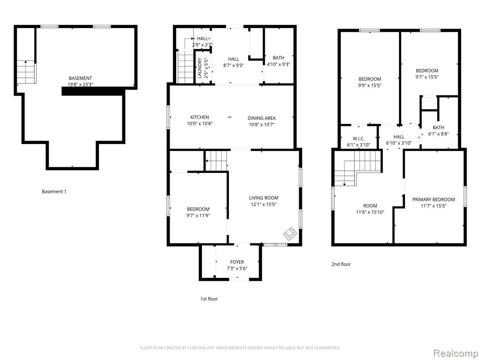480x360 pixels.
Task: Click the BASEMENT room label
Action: (80, 78)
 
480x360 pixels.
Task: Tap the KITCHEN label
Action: (200, 117)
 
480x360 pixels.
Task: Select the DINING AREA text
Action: (262, 118)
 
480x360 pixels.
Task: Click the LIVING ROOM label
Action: (263, 198)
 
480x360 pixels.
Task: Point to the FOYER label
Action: (237, 262)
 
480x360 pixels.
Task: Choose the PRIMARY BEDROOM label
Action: (434, 200)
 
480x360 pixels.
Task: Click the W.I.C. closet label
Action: (359, 139)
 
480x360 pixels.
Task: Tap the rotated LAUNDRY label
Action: (200, 68)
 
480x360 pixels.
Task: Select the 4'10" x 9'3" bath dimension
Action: (278, 64)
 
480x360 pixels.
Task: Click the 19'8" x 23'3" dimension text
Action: (80, 84)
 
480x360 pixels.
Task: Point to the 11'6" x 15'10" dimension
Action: (370, 212)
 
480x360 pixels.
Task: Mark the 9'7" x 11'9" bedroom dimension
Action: (198, 215)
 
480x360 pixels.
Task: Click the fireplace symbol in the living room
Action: (290, 233)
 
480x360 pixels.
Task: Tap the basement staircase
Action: (26, 72)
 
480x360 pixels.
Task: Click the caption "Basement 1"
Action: (54, 192)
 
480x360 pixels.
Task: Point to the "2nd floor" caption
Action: (341, 264)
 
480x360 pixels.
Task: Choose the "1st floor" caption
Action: (209, 299)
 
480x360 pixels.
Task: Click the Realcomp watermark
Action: (455, 353)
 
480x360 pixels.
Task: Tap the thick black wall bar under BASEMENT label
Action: (93, 91)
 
